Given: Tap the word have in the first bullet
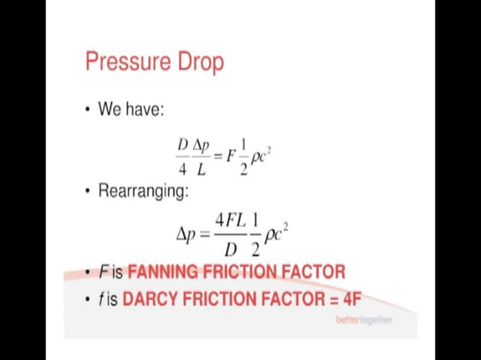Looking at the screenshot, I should point(144,108).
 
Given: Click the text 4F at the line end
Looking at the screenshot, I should point(352,299).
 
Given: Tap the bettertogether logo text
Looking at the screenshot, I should point(363,319).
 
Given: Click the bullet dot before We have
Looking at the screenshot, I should point(88,109).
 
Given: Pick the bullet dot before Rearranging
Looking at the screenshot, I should point(88,191).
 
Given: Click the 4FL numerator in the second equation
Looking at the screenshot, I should point(231,221).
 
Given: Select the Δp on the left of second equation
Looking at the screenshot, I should point(186,233).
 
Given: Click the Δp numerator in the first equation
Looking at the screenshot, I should point(201,144).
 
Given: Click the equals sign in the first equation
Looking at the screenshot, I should point(217,156).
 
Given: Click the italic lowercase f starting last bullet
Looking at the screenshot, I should point(100,299).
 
